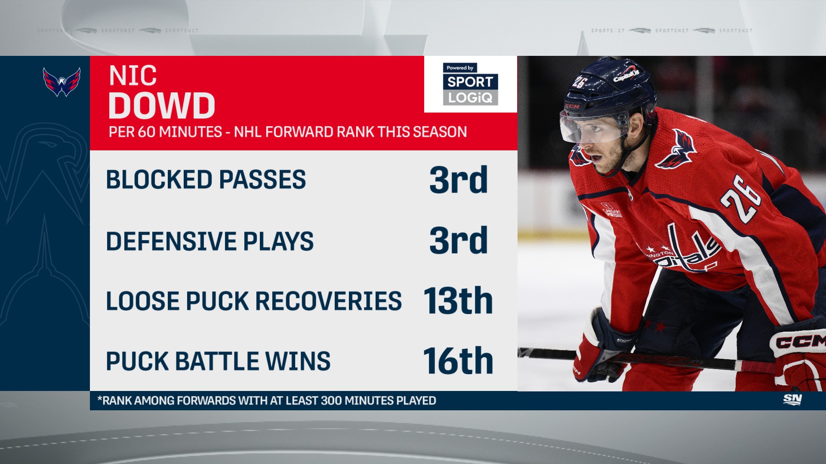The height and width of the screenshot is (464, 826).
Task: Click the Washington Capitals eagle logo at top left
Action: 62,82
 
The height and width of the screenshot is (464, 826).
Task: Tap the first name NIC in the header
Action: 133,76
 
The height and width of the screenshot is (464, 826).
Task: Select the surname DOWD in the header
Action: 161,106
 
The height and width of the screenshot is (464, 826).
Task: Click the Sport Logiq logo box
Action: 470,84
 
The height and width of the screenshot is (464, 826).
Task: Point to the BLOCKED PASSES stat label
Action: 206,180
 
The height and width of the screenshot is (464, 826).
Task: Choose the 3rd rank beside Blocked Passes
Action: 459,180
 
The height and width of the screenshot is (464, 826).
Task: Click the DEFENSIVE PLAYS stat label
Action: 210,241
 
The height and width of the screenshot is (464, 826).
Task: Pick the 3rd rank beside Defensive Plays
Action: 459,240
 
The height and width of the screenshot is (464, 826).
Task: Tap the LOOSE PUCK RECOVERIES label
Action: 254,301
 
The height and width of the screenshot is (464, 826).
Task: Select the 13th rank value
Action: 458,301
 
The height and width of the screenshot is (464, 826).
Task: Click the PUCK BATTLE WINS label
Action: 218,361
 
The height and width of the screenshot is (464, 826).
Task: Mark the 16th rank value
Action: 458,361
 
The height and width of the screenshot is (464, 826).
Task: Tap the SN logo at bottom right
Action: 792,400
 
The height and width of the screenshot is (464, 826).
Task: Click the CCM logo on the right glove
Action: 800,342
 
